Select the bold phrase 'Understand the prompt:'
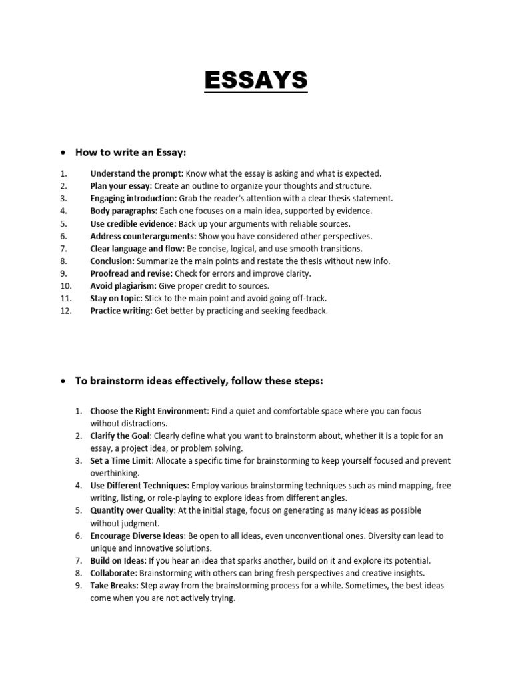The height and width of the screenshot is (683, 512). click(137, 173)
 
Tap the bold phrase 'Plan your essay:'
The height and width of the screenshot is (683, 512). click(121, 186)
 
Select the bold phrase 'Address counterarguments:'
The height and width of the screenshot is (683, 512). click(142, 236)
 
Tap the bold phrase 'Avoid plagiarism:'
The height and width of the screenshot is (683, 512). click(123, 286)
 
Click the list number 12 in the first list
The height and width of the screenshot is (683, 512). click(65, 311)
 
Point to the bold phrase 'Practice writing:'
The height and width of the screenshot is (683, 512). click(121, 311)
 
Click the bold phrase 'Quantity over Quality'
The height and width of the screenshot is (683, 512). click(132, 510)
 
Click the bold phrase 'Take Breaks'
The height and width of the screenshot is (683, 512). click(113, 586)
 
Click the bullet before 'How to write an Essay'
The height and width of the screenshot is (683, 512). click(63, 153)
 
